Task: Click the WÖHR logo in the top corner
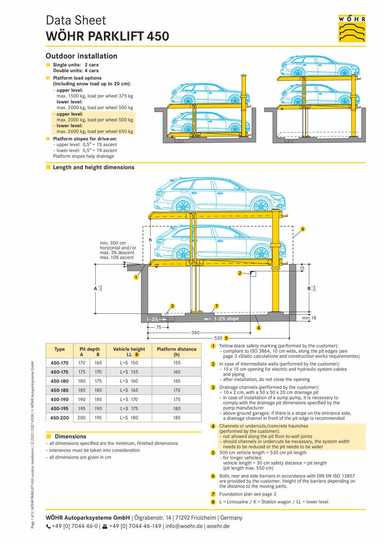coord(352,28)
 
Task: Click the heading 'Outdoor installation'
coord(81,56)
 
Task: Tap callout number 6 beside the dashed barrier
coord(303,229)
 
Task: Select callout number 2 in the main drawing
coord(240,273)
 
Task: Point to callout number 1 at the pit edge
coord(136,277)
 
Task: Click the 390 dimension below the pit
coord(195,333)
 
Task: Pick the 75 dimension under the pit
coord(159,328)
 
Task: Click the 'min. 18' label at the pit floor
coord(309,318)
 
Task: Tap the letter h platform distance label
coord(150,240)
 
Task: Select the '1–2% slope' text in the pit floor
coord(226,318)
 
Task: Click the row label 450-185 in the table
coord(59,390)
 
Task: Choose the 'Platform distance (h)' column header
coord(176,351)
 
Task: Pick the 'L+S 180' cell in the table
coord(129,417)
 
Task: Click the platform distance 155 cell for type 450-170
coord(177,363)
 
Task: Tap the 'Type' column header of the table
coord(59,349)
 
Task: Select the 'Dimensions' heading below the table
coord(71,436)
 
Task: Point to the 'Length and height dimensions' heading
coord(93,167)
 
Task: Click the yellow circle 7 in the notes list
coord(213,494)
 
